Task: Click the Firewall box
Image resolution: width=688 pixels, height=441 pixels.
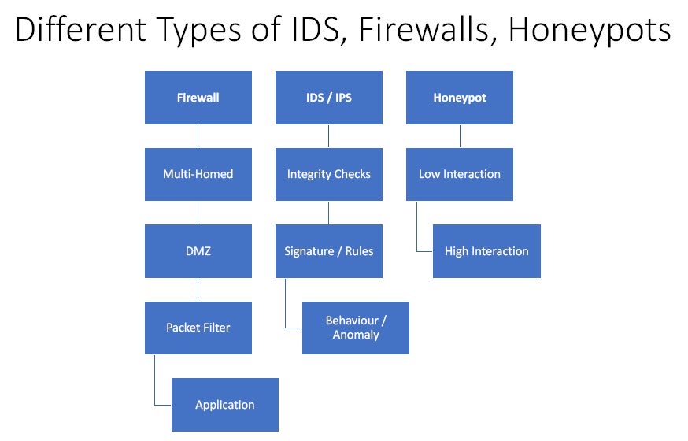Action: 198,98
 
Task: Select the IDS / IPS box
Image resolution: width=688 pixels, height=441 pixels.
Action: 328,98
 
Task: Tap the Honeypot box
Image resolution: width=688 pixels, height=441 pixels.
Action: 459,98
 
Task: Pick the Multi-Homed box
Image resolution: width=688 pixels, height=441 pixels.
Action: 198,174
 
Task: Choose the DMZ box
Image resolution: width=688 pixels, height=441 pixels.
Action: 198,251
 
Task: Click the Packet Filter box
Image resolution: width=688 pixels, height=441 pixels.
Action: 198,328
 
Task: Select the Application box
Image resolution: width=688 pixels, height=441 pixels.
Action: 224,405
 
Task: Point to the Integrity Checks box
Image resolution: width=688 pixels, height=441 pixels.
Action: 328,174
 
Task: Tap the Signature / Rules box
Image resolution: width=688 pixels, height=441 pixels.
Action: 328,251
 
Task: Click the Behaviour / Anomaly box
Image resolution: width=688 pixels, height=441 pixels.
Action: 355,328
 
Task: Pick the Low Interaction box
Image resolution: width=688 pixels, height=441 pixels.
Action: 459,174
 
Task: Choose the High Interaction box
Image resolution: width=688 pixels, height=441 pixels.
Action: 486,251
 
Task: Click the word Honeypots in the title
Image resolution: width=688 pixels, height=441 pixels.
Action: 590,31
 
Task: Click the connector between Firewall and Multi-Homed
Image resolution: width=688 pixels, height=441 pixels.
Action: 198,135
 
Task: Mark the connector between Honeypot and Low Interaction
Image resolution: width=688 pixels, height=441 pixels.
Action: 459,135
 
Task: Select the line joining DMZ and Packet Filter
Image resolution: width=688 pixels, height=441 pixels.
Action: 198,289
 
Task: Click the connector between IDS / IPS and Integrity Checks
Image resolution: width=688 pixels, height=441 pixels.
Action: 328,135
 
